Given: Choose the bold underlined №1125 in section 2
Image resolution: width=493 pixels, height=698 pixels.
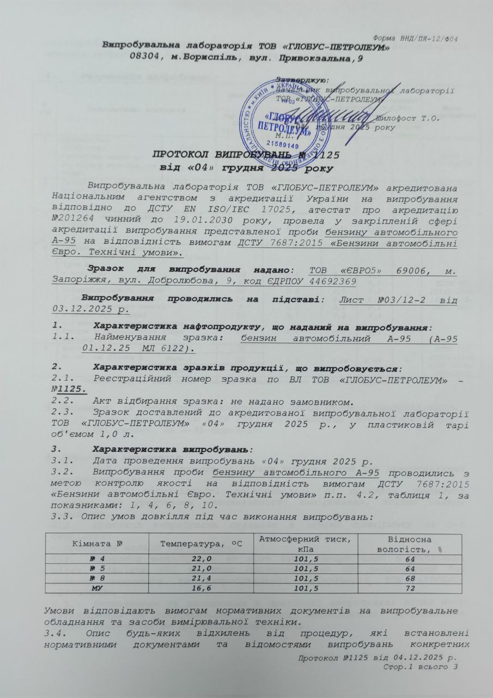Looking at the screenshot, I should tap(69, 388).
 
